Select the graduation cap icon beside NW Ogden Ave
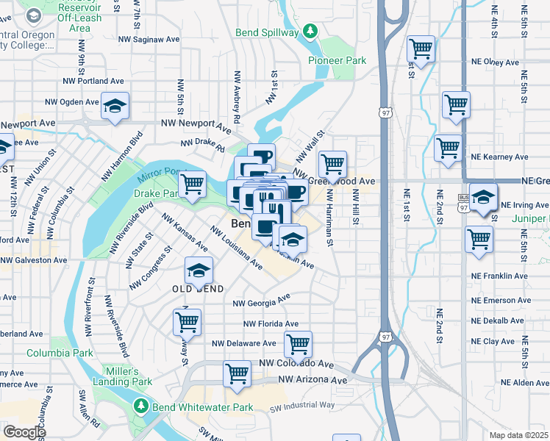[115, 106]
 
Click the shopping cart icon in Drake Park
[192, 184]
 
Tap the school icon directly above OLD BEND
[198, 270]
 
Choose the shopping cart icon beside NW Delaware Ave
[298, 343]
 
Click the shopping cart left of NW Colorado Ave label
[237, 373]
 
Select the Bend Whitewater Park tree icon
[141, 406]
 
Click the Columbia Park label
[60, 353]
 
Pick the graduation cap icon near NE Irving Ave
[482, 197]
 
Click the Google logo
[24, 432]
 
